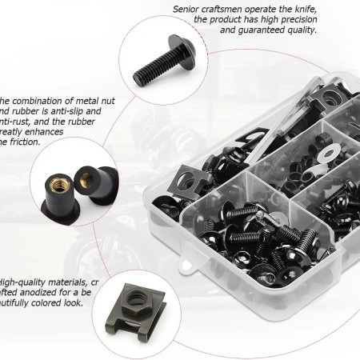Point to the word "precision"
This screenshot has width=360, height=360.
coord(297,19)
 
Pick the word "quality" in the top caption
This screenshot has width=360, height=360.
coord(297,30)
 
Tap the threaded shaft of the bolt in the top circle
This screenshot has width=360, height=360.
coord(142,60)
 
